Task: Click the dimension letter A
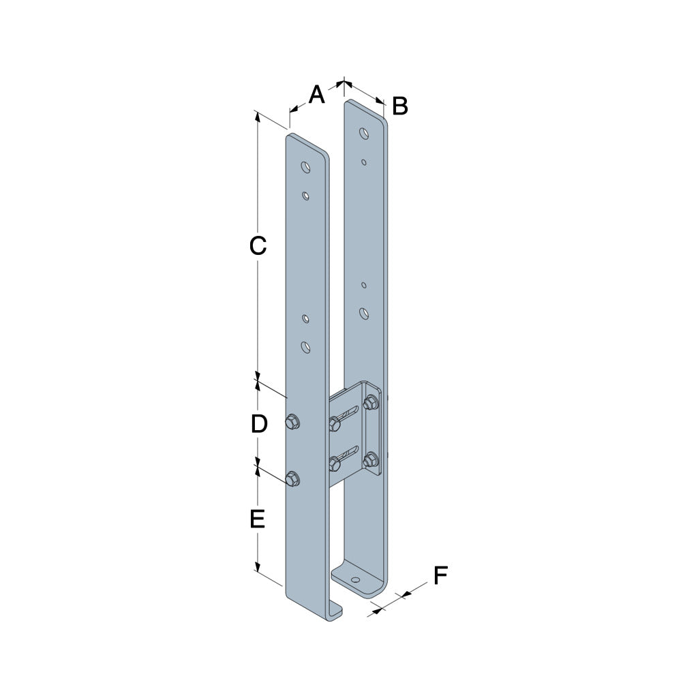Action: coord(316,95)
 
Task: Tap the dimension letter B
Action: coord(400,106)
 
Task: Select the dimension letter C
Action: coord(257,245)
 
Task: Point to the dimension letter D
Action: coord(258,424)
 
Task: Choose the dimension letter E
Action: coord(257,520)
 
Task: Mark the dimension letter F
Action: coord(440,576)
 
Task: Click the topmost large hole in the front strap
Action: coord(306,166)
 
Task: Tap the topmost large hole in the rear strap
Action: coord(365,132)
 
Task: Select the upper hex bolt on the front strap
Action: coord(292,422)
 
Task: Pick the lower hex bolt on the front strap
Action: coord(292,479)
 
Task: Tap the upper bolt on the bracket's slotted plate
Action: coord(335,424)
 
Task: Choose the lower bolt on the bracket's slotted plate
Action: coord(335,464)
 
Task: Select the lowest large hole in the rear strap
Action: coord(365,313)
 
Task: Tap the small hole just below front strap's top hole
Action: coord(306,196)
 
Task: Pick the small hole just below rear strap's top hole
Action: coord(365,162)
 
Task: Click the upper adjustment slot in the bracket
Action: coord(349,413)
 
